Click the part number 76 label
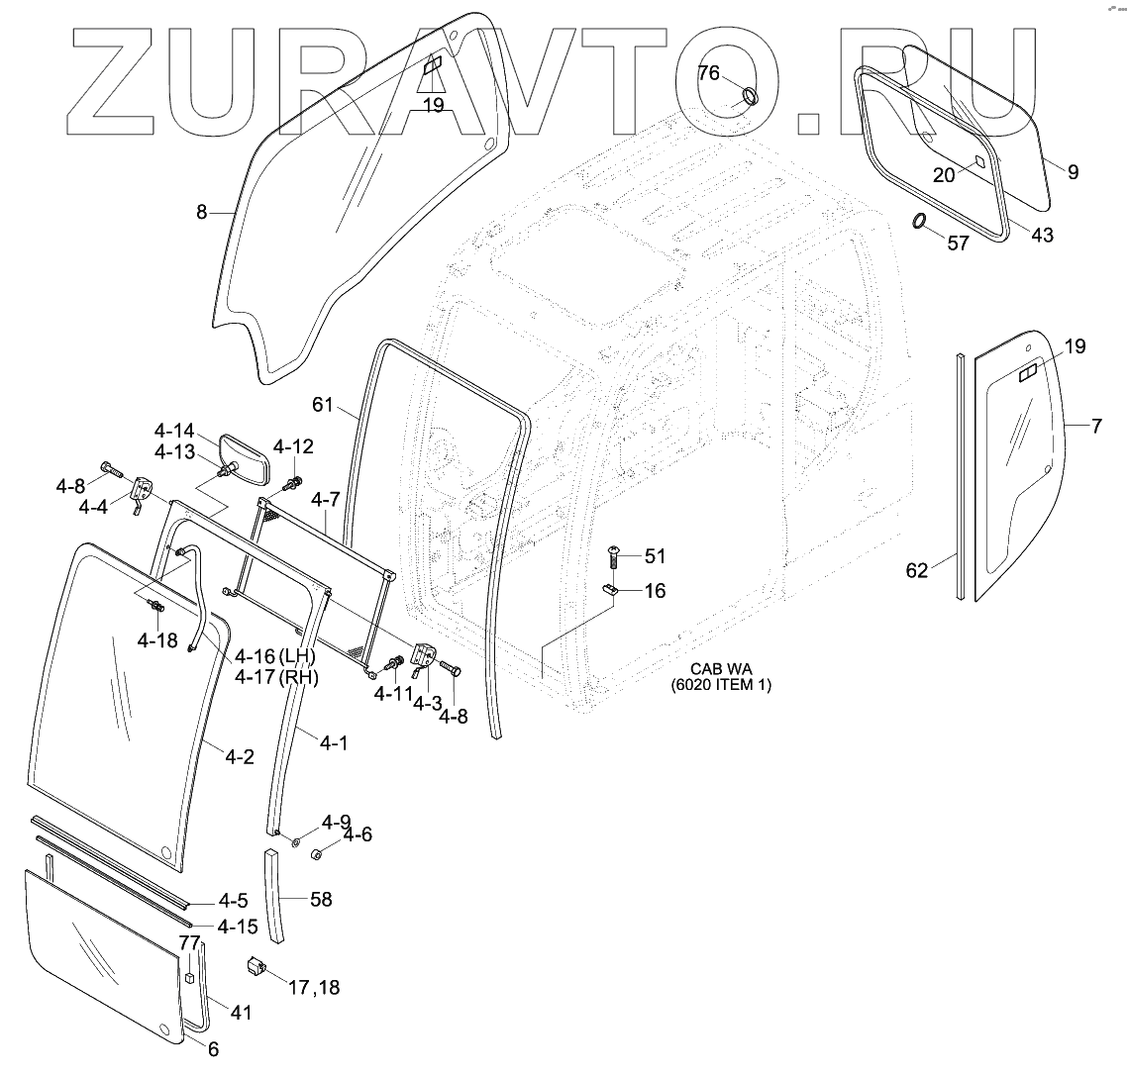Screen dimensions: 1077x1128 (708, 72)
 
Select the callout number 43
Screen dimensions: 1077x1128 (1042, 235)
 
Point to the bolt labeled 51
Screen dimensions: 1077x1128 (612, 556)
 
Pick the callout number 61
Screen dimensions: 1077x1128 (324, 404)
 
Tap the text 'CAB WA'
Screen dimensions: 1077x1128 (721, 668)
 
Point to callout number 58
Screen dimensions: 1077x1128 (320, 900)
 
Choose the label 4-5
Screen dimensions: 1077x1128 (234, 901)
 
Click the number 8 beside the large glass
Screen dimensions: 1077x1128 (201, 211)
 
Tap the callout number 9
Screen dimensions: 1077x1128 (1073, 171)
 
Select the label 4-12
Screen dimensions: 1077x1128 (293, 446)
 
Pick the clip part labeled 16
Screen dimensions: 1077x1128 (612, 590)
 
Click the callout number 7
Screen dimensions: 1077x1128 (1095, 427)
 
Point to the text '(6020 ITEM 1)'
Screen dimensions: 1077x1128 (721, 685)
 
